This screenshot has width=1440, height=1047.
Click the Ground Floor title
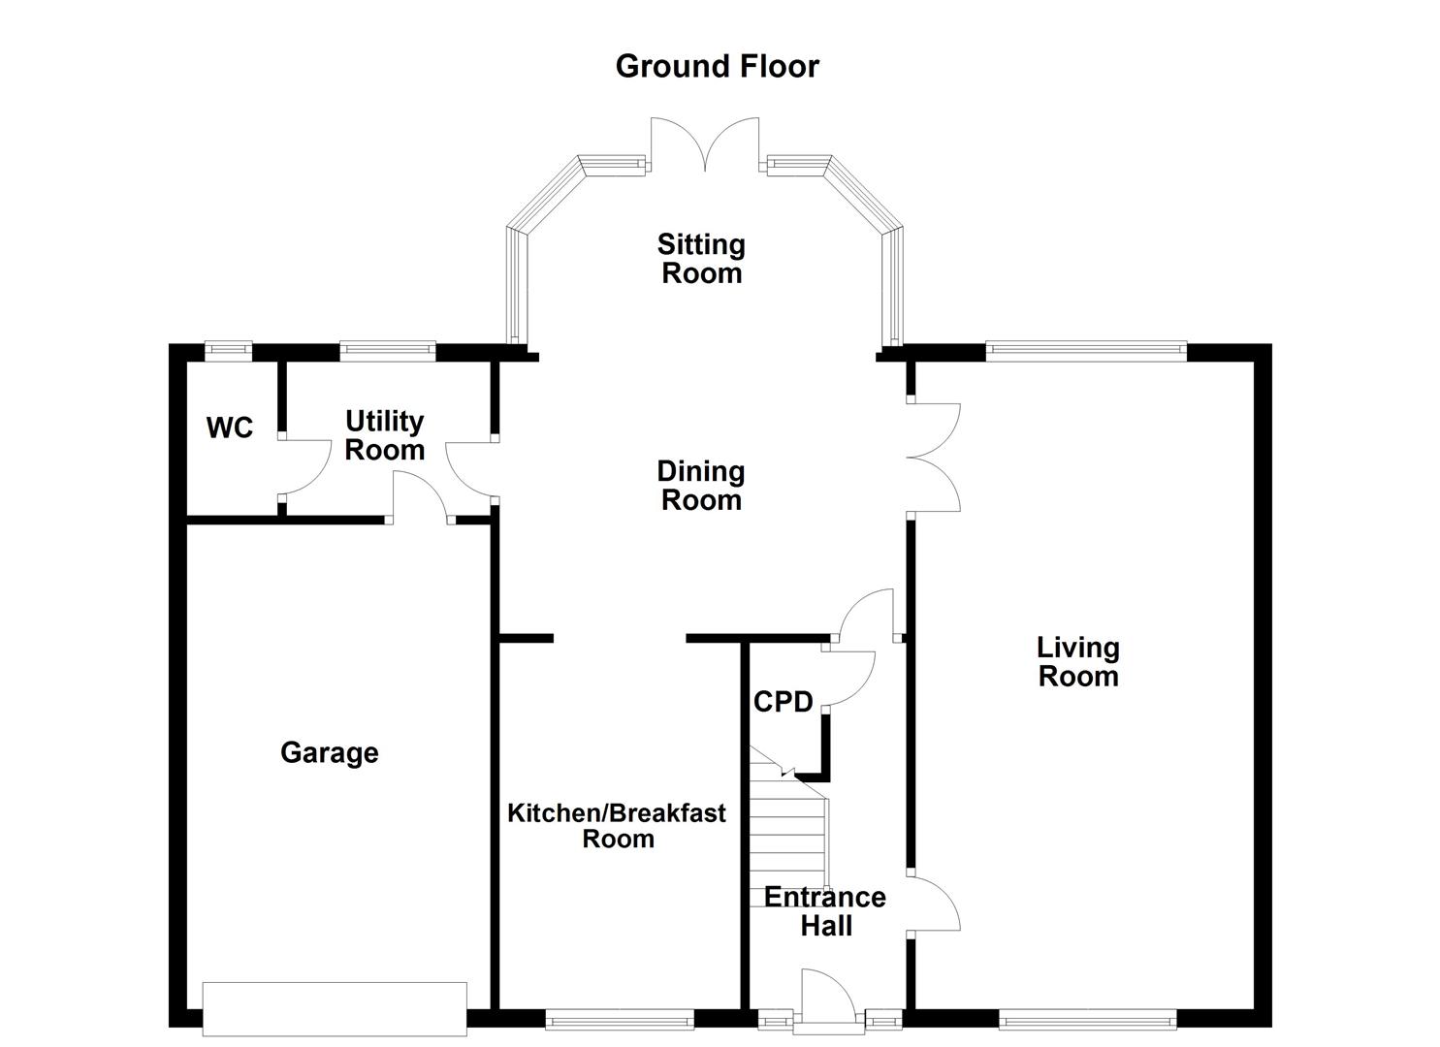click(x=717, y=66)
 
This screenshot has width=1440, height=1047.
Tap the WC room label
click(x=230, y=428)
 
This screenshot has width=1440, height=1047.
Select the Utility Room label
click(x=385, y=435)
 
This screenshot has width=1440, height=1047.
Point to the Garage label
click(x=329, y=752)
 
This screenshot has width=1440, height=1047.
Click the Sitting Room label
click(x=701, y=258)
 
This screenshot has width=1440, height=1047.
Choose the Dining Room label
click(x=701, y=485)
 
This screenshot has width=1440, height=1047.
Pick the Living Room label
click(x=1077, y=661)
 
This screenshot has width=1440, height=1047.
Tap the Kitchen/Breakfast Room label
click(x=617, y=825)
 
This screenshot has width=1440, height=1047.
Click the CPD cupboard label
click(x=783, y=702)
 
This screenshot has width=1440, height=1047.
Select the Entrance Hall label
click(x=825, y=910)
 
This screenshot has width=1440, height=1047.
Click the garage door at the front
click(x=335, y=1008)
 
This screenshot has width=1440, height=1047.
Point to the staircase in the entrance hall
click(x=787, y=834)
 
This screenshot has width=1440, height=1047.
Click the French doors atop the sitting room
click(x=705, y=145)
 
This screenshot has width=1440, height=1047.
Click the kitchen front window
click(x=620, y=1018)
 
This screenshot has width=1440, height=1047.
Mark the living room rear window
click(x=1086, y=350)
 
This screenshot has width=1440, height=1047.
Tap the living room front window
click(x=1087, y=1018)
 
